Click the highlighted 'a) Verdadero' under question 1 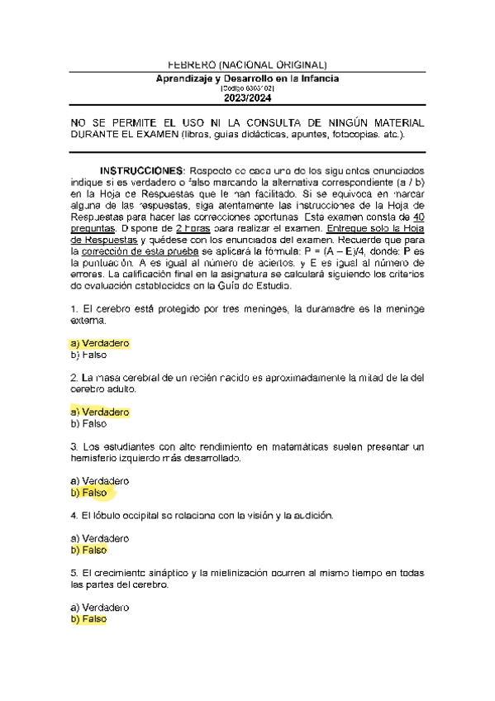click(100, 343)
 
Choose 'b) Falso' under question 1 click(89, 355)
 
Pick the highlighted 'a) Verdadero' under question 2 click(100, 412)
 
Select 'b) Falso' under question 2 click(89, 424)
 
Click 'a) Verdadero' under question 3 click(100, 480)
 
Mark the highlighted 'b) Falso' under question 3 click(89, 493)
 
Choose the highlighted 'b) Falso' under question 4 click(89, 550)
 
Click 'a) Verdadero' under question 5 click(100, 607)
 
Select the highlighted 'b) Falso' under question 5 click(89, 619)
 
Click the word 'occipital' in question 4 click(148, 515)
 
